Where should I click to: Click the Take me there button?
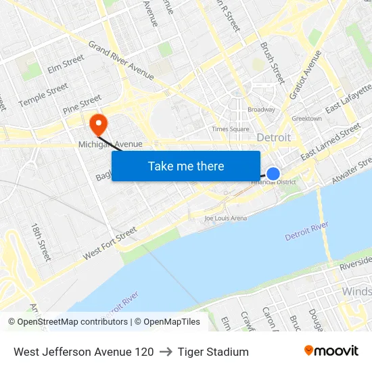click(x=186, y=166)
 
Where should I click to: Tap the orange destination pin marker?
click(x=99, y=124)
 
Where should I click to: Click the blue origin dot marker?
click(x=273, y=174)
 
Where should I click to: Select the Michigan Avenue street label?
click(x=110, y=144)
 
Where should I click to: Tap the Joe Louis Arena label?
click(x=226, y=218)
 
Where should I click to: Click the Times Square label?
click(x=230, y=129)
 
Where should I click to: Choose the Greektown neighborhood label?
click(x=306, y=118)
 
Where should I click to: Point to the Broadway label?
click(x=261, y=110)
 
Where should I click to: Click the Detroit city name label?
click(x=274, y=137)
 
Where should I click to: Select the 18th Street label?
click(x=41, y=242)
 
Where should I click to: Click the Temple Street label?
click(x=43, y=95)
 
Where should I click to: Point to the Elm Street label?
click(x=66, y=64)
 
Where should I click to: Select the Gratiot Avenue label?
click(x=305, y=74)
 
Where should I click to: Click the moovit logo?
click(x=331, y=351)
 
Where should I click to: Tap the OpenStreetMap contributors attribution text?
click(x=72, y=322)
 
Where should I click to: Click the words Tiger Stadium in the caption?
click(x=213, y=352)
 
